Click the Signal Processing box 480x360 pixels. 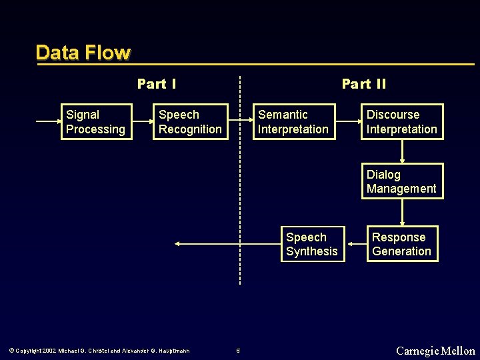pos(96,122)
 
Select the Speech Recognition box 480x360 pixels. pos(190,122)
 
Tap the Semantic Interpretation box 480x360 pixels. pos(293,122)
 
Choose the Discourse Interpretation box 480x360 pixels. pos(402,122)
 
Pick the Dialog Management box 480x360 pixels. pos(402,181)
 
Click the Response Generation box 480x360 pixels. pos(402,244)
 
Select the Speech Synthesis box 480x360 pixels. pos(312,244)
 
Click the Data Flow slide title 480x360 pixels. pos(83,53)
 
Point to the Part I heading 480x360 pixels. pos(157,84)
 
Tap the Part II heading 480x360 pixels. pos(363,84)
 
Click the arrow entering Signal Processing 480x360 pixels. pos(48,122)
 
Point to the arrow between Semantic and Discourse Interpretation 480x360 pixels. pos(347,122)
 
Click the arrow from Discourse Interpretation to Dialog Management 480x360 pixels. pos(402,151)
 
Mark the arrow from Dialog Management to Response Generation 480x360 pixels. pos(402,213)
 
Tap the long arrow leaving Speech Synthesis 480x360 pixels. pos(227,244)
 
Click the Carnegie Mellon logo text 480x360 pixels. pos(435,351)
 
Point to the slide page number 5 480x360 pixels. pos(238,351)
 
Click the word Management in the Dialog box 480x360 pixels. pos(401,189)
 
